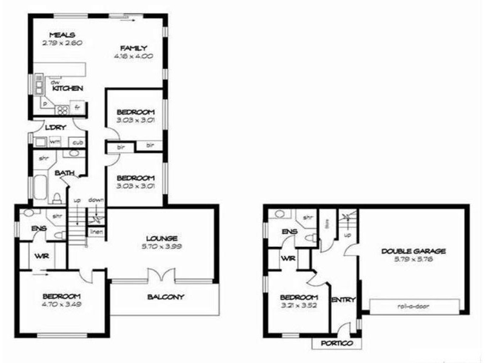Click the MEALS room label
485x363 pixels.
click(62, 34)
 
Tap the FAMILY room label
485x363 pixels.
click(133, 48)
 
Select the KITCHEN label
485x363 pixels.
click(67, 88)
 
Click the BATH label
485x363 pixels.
click(65, 174)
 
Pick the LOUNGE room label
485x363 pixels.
click(161, 238)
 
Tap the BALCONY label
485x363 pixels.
click(166, 297)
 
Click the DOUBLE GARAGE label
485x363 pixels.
click(413, 251)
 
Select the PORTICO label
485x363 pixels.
click(336, 343)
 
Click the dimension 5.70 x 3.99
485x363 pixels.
click(161, 246)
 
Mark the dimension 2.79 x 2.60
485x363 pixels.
click(62, 43)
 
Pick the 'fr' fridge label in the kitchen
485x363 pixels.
click(77, 108)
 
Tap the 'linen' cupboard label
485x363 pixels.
click(96, 231)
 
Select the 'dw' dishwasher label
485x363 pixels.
click(55, 82)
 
